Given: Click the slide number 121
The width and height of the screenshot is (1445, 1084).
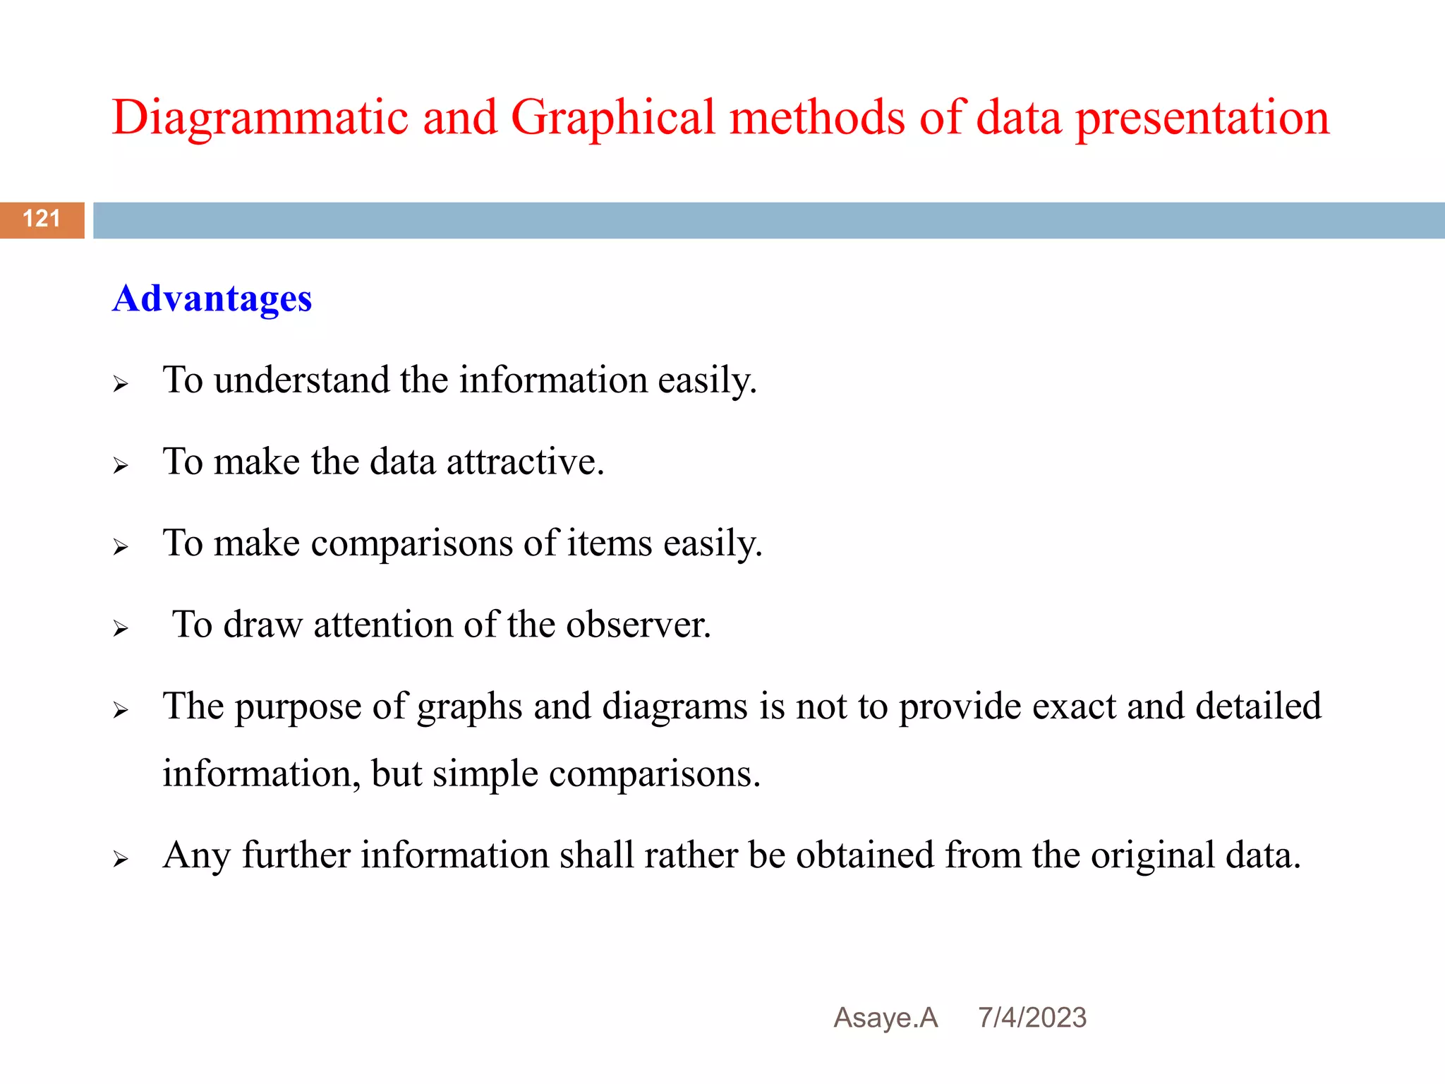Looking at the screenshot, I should (42, 219).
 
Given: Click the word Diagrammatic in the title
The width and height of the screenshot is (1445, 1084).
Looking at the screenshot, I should (260, 119).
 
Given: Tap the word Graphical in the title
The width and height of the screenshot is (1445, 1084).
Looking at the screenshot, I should (612, 119).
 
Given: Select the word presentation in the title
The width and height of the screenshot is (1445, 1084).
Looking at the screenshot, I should (1202, 119).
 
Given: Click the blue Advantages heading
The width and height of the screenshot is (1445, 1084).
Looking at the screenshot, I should (212, 299).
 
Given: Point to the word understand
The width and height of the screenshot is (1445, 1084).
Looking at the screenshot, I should (301, 380).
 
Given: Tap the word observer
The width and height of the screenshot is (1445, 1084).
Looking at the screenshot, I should (638, 625).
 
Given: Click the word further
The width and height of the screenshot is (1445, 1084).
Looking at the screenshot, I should (296, 855).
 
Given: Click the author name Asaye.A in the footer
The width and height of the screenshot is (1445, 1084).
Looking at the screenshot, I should (885, 1018).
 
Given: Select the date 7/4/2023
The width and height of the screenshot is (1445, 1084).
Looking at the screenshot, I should (1032, 1018).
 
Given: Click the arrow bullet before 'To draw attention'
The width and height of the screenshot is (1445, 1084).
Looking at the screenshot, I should (121, 628).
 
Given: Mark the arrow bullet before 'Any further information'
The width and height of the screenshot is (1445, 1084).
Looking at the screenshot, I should (121, 859).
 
